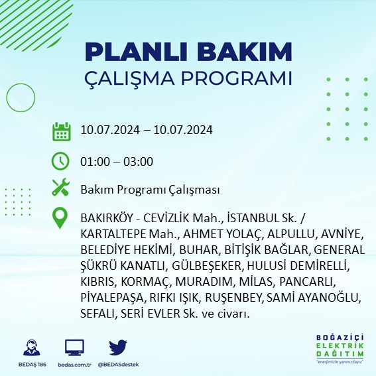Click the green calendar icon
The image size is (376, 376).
click(x=61, y=131)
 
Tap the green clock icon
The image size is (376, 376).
click(x=61, y=161)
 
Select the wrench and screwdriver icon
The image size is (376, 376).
click(x=61, y=189)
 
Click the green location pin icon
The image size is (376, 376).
click(x=61, y=218)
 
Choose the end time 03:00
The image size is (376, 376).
click(x=139, y=161)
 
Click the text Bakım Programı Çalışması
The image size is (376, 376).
click(x=149, y=190)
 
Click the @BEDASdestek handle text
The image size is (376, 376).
click(x=117, y=365)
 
